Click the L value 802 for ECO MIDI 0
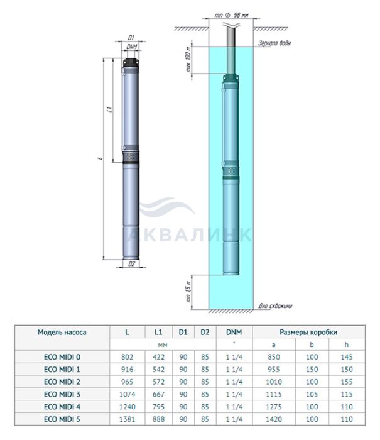127,357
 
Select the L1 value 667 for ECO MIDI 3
158,394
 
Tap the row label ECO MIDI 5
62,419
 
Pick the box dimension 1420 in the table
274,419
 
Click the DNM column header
234,333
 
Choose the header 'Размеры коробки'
308,333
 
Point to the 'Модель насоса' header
62,333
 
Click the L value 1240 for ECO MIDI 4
127,407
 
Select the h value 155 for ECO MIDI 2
347,382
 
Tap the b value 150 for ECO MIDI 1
312,370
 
